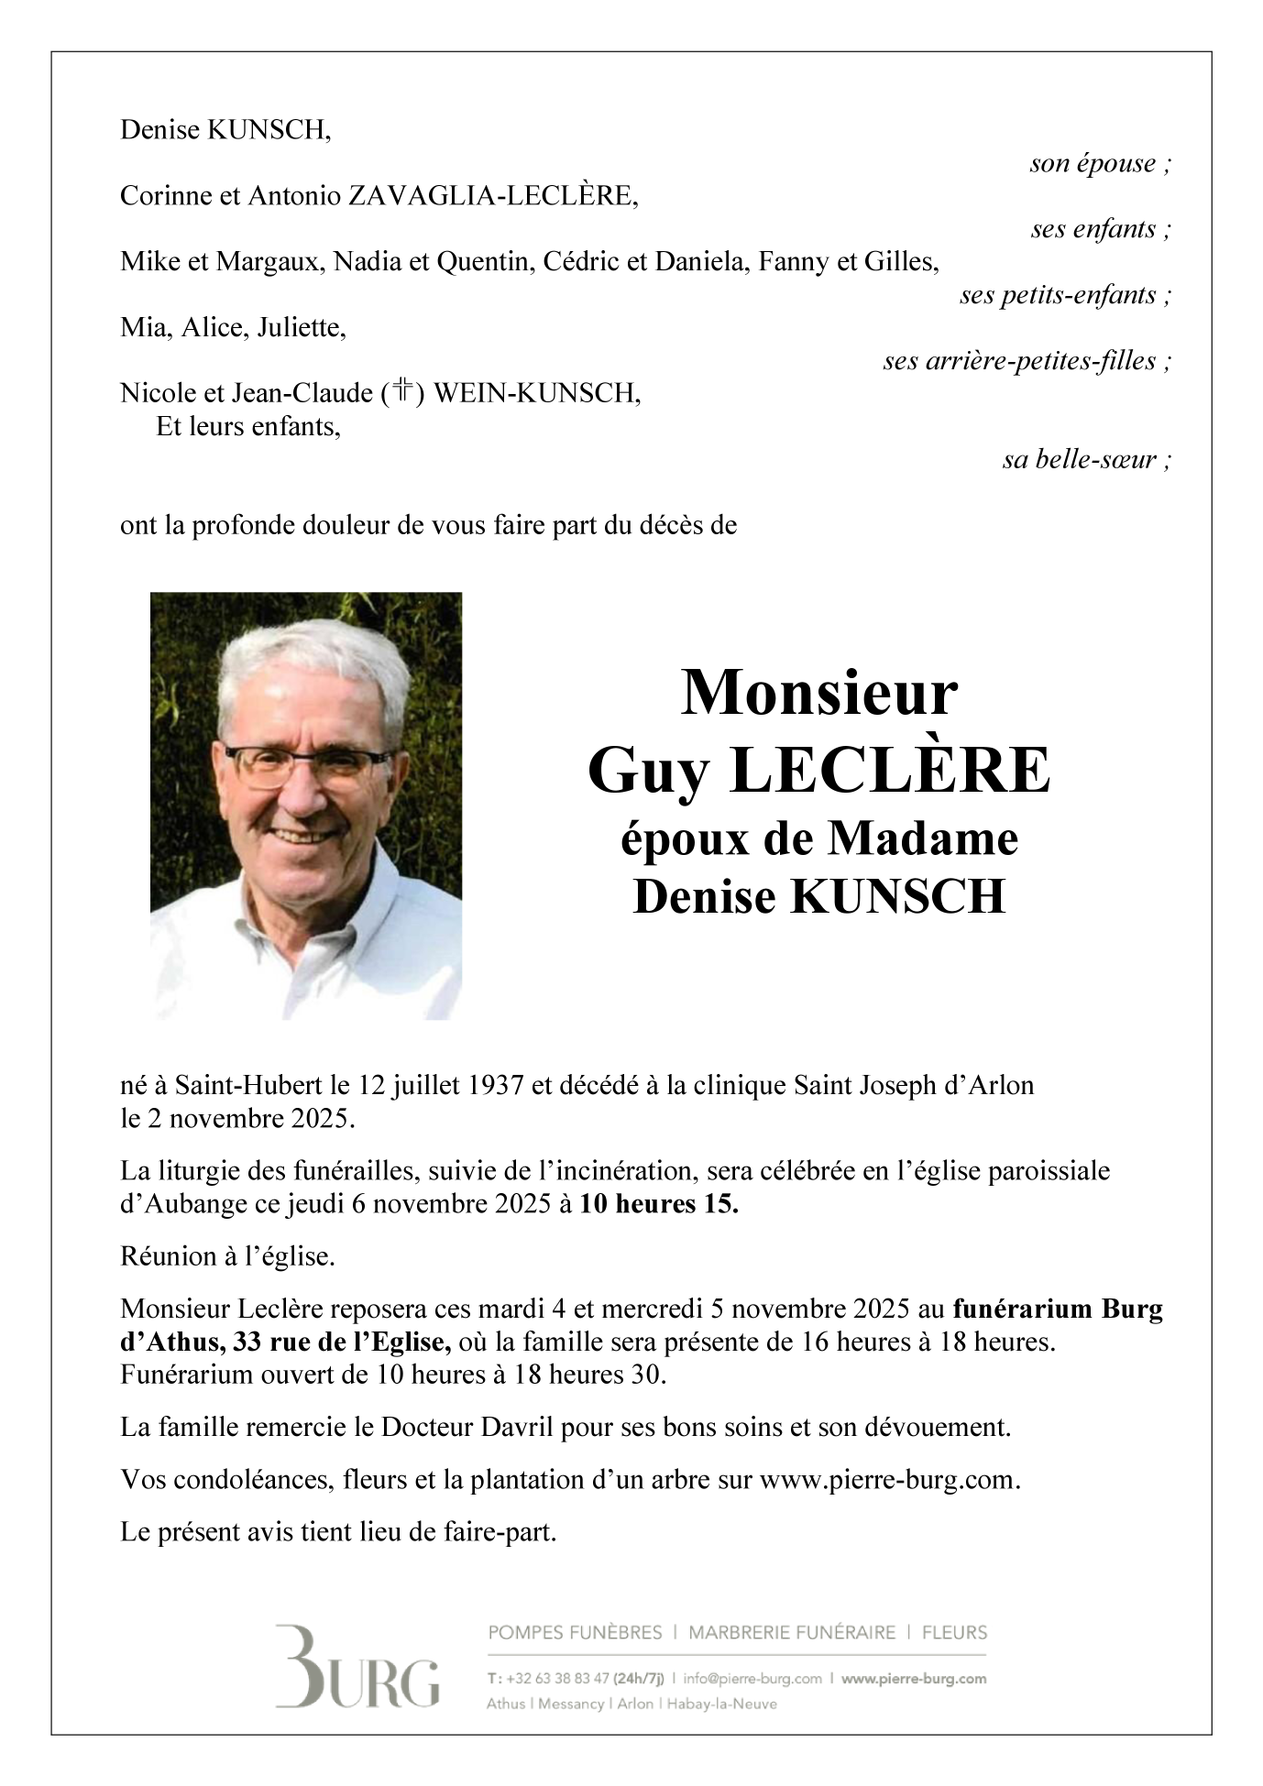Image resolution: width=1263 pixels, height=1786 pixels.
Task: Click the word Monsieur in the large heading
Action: pos(818,694)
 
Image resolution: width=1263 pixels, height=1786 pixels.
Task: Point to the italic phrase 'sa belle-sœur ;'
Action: pos(1086,460)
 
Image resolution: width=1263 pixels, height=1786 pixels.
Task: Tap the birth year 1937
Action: pos(495,1086)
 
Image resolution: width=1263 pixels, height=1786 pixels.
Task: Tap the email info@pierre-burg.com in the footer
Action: pos(755,1679)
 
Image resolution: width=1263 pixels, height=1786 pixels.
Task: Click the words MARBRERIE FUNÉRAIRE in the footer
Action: pos(792,1632)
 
